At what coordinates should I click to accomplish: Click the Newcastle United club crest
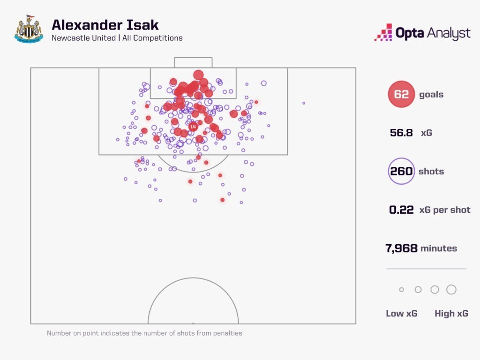tap(29, 29)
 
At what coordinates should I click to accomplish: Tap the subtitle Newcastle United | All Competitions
tap(117, 38)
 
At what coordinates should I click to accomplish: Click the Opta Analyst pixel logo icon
tap(383, 32)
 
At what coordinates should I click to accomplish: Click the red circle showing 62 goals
tap(401, 94)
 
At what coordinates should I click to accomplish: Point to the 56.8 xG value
tap(401, 133)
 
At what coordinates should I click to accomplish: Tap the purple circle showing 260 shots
tap(401, 171)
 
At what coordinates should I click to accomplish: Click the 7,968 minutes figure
tap(401, 248)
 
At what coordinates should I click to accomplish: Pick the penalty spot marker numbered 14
tap(193, 127)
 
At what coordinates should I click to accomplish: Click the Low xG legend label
tap(401, 314)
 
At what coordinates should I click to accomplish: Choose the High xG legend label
tap(451, 314)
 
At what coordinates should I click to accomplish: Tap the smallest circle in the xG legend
tap(401, 290)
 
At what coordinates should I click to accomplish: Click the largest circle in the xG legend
tap(451, 290)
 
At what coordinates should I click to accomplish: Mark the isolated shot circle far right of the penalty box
tap(304, 103)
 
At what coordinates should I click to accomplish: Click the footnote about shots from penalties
tap(144, 333)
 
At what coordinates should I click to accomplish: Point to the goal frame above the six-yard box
tap(193, 62)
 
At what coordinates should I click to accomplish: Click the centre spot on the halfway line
tap(193, 323)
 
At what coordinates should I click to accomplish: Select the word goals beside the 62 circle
tap(431, 94)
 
